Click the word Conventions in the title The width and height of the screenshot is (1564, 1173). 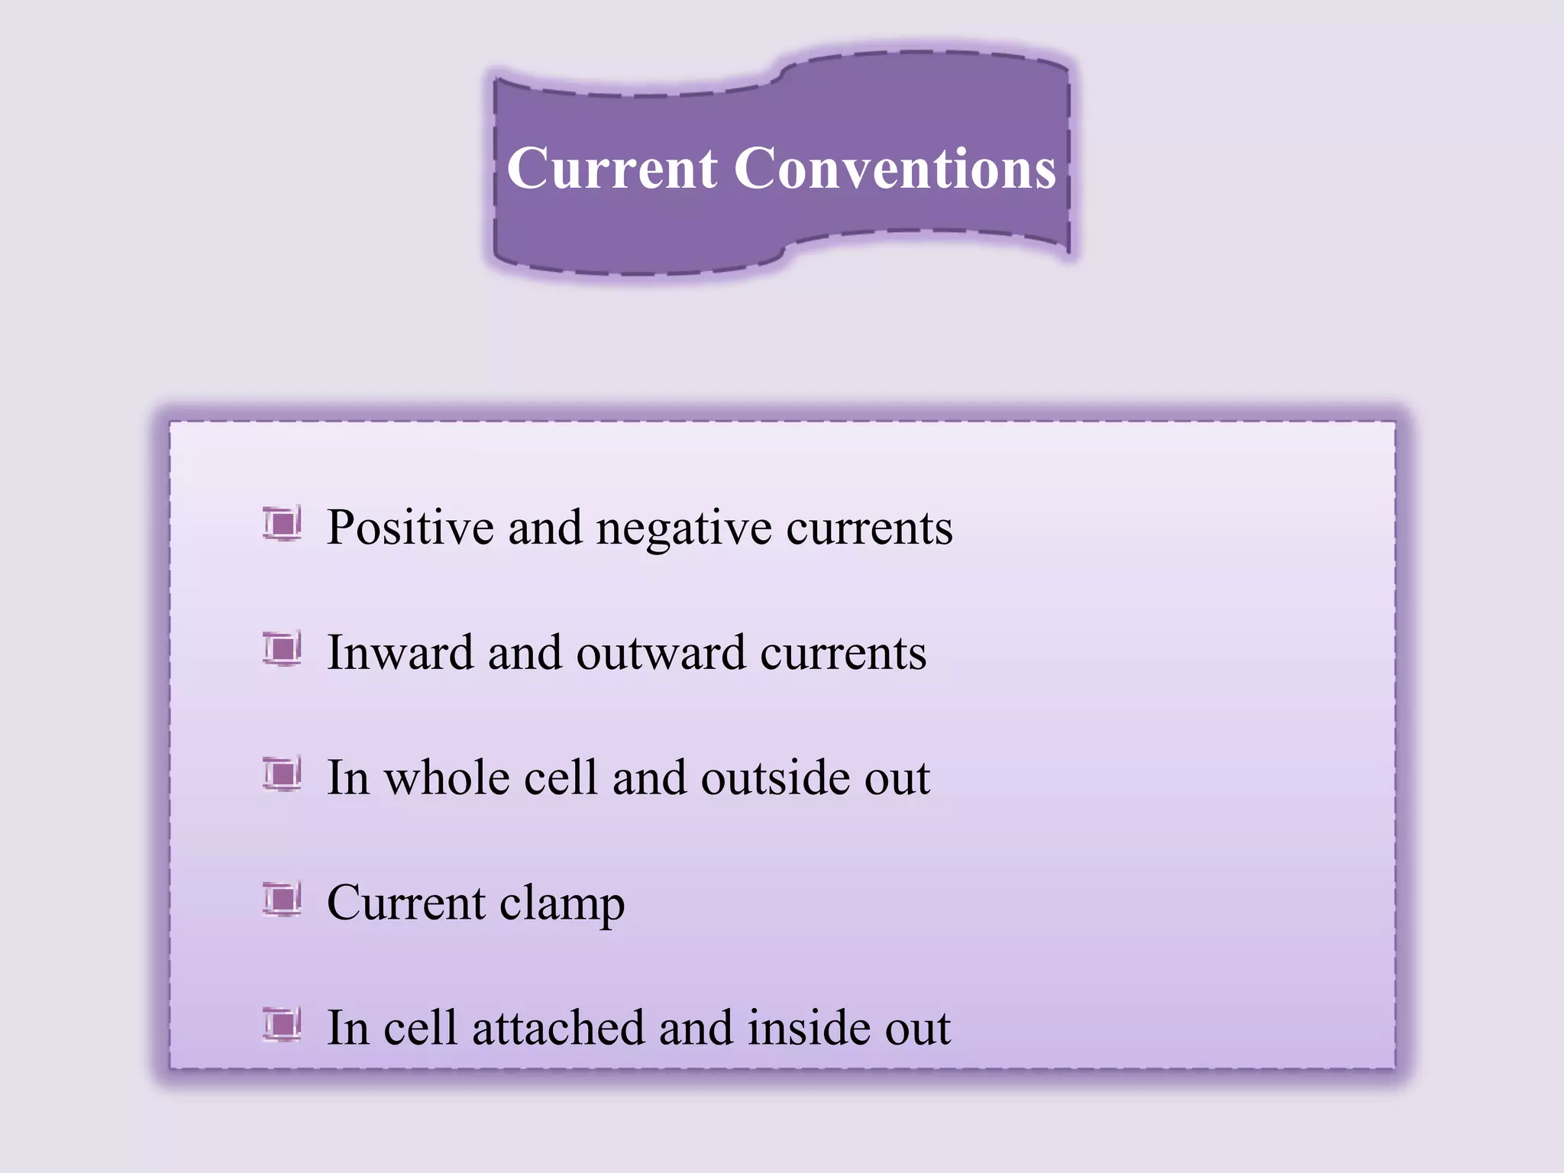coord(895,169)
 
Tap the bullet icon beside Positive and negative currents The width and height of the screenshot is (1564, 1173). coord(282,524)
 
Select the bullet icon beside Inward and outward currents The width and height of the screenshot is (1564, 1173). coord(282,649)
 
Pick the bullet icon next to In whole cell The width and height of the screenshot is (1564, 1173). coord(282,774)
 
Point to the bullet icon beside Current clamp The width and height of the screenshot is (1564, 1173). coord(282,899)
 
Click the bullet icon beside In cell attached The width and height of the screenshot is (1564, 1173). coord(282,1024)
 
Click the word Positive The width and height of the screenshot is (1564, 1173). coord(410,528)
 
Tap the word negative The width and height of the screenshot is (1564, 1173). coord(683,529)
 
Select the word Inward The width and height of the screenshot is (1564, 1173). coord(400,653)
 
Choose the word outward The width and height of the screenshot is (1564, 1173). coord(661,654)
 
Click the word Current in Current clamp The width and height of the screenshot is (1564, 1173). coord(406,903)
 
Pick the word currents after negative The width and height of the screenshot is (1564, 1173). coord(870,529)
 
